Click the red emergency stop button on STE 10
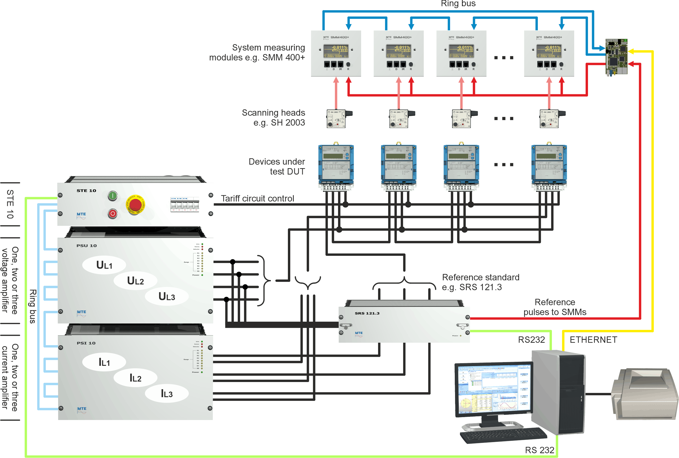coord(135,204)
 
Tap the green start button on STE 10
coord(113,196)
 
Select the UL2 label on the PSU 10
coord(135,281)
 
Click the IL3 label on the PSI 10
coord(167,394)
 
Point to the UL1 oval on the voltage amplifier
coord(104,265)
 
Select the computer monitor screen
coord(494,388)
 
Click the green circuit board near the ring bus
coord(616,57)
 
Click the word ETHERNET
coord(593,340)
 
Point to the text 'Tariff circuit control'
coord(257,199)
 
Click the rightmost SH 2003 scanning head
coord(550,118)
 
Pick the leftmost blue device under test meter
coord(336,165)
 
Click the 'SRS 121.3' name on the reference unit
coord(367,313)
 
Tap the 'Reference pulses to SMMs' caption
coord(555,307)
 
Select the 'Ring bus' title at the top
coord(458,3)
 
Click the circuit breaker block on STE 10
coord(185,204)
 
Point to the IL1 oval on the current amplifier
coord(104,362)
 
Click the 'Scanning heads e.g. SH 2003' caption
coord(273,117)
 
